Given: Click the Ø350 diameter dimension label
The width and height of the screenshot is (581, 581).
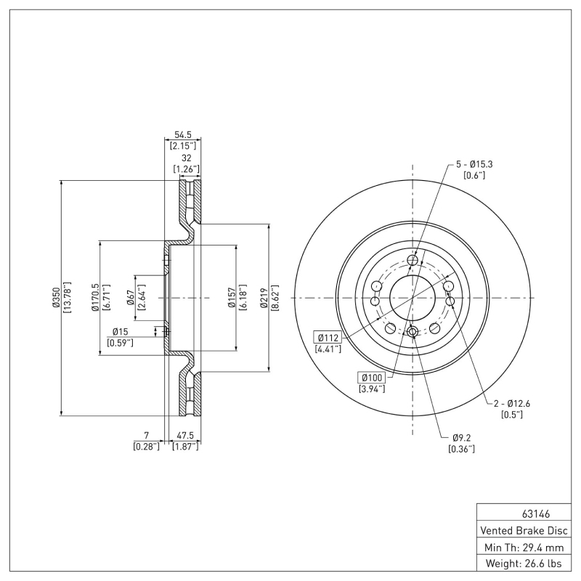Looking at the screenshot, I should pyautogui.click(x=55, y=298).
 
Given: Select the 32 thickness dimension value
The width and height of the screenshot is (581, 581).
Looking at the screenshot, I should pyautogui.click(x=186, y=158).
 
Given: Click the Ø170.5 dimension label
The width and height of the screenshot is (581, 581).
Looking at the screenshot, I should pyautogui.click(x=95, y=298).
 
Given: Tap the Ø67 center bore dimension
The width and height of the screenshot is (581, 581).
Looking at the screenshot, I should pyautogui.click(x=131, y=298).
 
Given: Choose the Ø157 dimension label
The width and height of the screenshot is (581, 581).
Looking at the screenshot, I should pyautogui.click(x=232, y=298).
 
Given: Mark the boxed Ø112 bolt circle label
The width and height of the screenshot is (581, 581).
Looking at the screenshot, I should pyautogui.click(x=328, y=336).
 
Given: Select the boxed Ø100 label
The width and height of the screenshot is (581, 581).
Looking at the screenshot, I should pyautogui.click(x=371, y=377).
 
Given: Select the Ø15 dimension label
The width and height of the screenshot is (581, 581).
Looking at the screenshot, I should pyautogui.click(x=120, y=331).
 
